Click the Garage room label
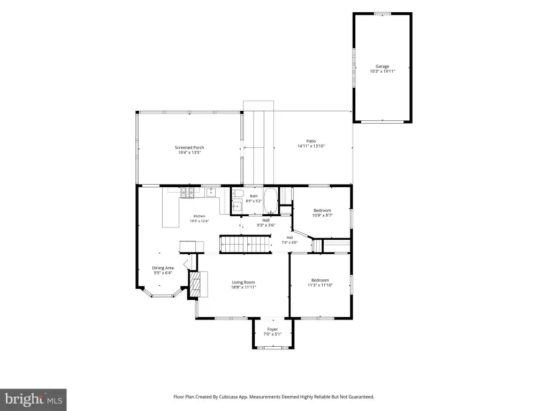[382, 66]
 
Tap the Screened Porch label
[189, 148]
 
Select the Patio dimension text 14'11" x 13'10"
[311, 146]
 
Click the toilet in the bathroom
[238, 194]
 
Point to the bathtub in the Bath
[270, 201]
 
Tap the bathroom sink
[237, 207]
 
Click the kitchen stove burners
[187, 193]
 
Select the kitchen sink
[211, 192]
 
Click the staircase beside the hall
[245, 244]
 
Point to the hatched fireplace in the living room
[194, 284]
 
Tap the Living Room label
[243, 283]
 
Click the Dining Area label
[163, 268]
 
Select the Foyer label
[272, 329]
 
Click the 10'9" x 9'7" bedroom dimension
[322, 215]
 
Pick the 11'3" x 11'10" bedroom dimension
[320, 285]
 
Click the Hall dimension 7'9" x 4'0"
[290, 242]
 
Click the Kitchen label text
[199, 216]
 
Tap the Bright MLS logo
[34, 399]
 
